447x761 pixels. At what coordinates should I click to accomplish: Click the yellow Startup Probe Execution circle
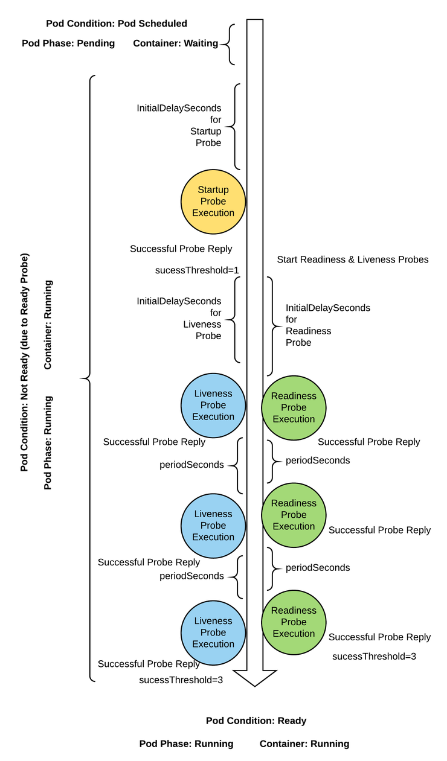coord(213,202)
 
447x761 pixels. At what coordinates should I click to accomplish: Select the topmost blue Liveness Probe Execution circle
coord(213,406)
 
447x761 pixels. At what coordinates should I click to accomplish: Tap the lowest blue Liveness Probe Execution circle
coord(213,632)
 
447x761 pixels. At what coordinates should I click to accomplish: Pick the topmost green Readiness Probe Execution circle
coord(294,407)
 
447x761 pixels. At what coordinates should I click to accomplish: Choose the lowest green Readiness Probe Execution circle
coord(294,622)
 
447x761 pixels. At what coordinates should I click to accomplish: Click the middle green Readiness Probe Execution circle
coord(294,515)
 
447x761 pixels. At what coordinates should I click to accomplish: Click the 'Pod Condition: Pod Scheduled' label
coord(117,24)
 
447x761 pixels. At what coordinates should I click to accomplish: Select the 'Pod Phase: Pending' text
coord(68,43)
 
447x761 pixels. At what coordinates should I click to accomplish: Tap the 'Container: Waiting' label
coord(175,43)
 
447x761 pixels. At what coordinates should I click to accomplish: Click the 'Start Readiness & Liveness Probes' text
coord(353,260)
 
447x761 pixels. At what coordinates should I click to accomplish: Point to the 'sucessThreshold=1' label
coord(198,270)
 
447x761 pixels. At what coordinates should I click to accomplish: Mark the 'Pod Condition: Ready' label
coord(256,721)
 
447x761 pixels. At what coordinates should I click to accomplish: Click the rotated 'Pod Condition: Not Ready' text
coord(24,362)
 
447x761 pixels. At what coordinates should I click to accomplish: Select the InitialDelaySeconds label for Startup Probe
coord(179,126)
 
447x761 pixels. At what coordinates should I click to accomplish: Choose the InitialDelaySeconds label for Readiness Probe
coord(327,325)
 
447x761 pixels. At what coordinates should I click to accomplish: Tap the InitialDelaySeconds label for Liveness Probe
coord(179,319)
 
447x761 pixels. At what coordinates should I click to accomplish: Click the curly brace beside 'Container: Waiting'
coord(229,44)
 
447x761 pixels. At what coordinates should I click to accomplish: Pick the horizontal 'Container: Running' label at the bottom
coord(304,743)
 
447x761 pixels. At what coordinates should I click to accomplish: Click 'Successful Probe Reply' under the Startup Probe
coord(181,249)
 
